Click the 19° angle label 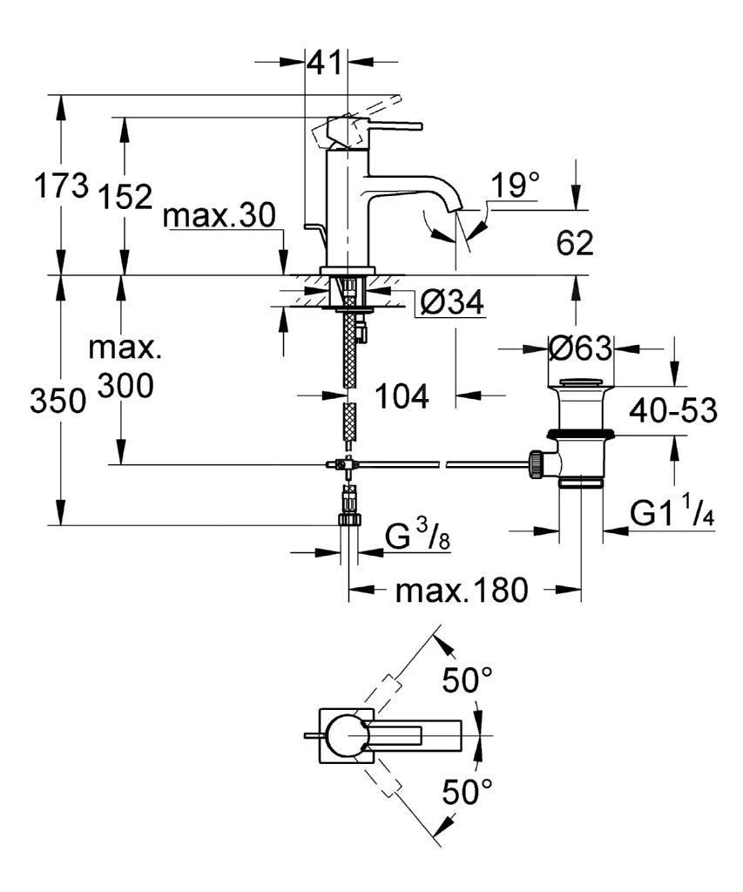coord(515,186)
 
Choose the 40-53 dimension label coord(676,409)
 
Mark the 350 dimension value coord(57,402)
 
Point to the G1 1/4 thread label coord(673,514)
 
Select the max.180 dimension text coord(462,591)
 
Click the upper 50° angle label coord(467,680)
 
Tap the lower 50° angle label coord(467,792)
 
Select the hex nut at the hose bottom coord(348,518)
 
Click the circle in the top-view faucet coord(347,736)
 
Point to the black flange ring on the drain coord(582,433)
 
